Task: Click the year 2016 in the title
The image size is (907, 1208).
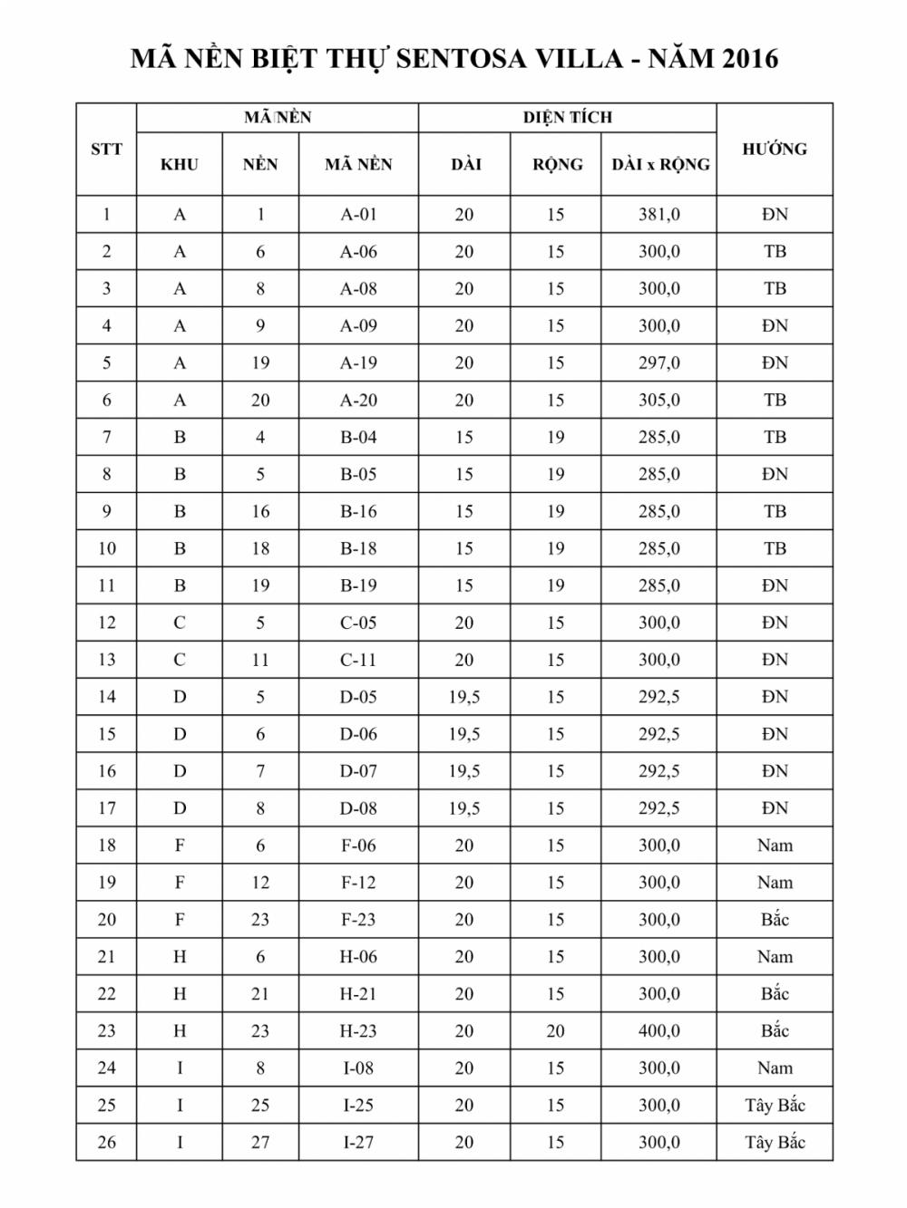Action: click(x=749, y=59)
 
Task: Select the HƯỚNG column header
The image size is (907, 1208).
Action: click(x=775, y=150)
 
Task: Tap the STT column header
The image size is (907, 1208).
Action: click(x=106, y=150)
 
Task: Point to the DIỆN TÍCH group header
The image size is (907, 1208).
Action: click(x=567, y=118)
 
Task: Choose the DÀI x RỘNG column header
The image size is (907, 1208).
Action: click(x=659, y=165)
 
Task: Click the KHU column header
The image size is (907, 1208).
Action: click(x=179, y=165)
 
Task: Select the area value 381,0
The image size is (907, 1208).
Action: click(x=658, y=215)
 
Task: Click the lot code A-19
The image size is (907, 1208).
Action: click(x=358, y=363)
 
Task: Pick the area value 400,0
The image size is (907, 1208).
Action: click(x=658, y=1031)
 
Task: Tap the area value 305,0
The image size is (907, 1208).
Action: click(x=658, y=401)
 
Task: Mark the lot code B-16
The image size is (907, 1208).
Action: click(x=358, y=512)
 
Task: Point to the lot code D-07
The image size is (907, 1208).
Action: click(x=358, y=772)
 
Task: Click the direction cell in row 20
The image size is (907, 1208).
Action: click(x=775, y=920)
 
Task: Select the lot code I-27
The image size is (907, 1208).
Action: click(x=358, y=1143)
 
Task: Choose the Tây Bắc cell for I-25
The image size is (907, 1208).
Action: click(x=775, y=1106)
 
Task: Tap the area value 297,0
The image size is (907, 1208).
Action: click(x=658, y=363)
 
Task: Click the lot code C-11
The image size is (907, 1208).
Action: click(x=358, y=661)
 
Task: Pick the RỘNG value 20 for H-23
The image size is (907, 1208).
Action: click(x=555, y=1031)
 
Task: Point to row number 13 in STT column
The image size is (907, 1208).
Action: click(x=106, y=661)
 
